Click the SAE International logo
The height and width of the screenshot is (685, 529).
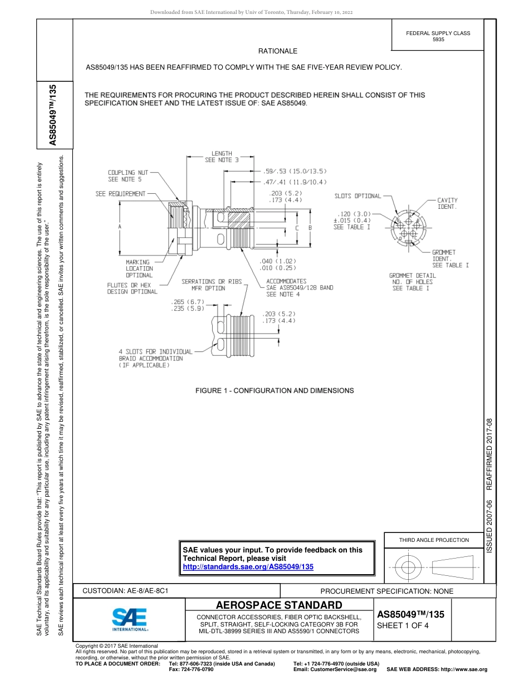coord(129,619)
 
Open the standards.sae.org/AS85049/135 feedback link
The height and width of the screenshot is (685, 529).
coord(248,566)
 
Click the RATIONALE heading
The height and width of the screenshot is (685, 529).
coord(278,51)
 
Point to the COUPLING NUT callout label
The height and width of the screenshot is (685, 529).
coord(128,176)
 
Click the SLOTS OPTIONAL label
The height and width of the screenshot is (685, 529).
coord(357,196)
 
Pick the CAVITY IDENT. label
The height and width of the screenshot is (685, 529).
coord(447,203)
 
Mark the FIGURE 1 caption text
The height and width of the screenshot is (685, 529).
coord(275,390)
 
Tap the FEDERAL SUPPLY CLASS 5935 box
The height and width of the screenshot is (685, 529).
coord(438,36)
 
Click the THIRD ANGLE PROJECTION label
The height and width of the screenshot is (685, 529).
coord(434,540)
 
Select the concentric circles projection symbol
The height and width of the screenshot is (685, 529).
coord(409,568)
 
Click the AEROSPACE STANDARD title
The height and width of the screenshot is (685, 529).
coord(279,605)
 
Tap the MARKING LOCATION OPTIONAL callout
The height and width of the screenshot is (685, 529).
coord(138,268)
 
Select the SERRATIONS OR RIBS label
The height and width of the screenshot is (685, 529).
coord(212,282)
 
